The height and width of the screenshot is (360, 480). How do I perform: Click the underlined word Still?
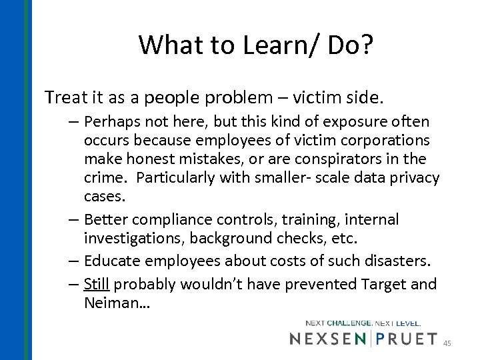(x=97, y=285)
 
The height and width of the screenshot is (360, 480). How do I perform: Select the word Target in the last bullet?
(x=386, y=285)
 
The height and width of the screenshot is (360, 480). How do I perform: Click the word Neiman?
(x=114, y=303)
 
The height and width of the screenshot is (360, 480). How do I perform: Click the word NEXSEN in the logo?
(x=327, y=340)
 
